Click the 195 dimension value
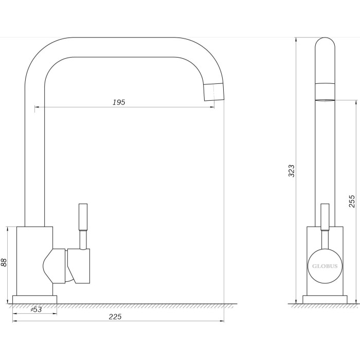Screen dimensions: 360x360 click(x=119, y=102)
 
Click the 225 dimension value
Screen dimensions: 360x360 click(x=115, y=317)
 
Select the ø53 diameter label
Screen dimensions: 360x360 click(x=37, y=310)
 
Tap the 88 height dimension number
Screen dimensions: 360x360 click(x=4, y=262)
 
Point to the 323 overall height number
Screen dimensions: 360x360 click(x=292, y=171)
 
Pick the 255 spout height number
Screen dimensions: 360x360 click(x=352, y=201)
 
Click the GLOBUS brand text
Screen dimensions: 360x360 click(x=325, y=266)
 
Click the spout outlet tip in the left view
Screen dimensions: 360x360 click(x=214, y=92)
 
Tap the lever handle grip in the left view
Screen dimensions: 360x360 click(x=83, y=217)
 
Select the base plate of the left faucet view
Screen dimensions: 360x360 click(x=34, y=299)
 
